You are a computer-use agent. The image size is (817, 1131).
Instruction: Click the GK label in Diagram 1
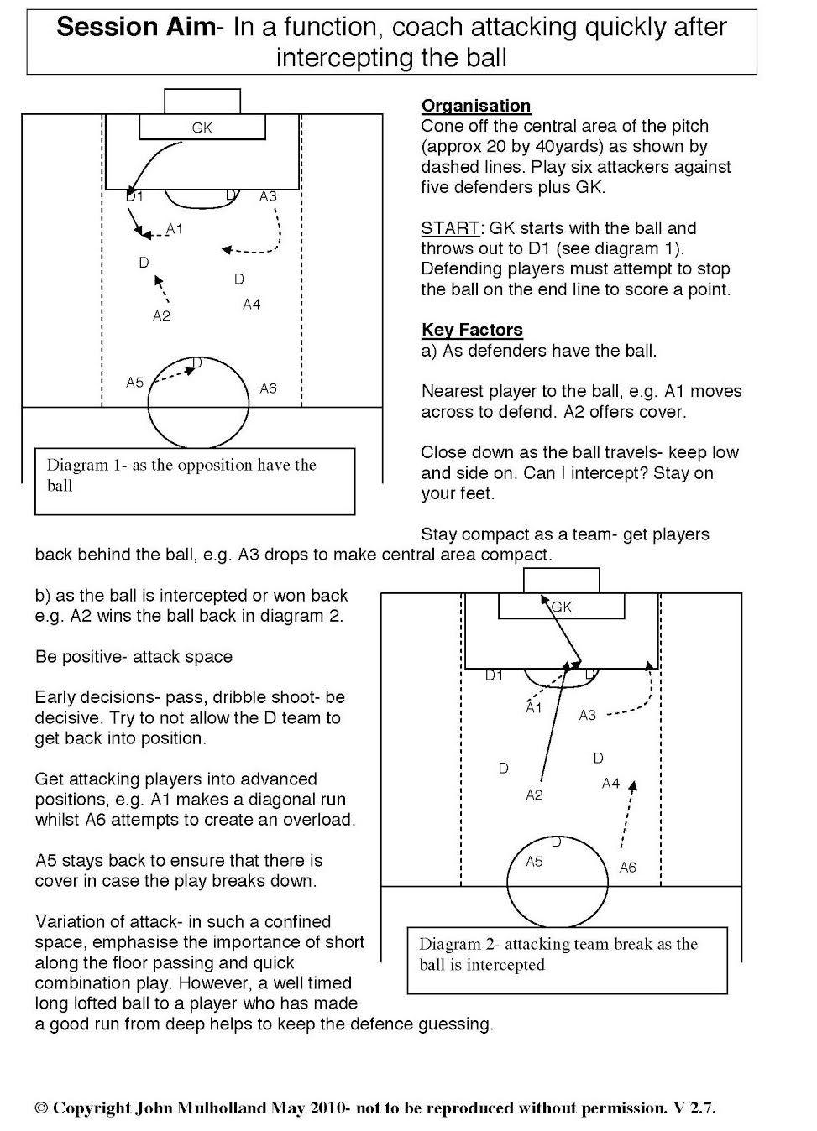pyautogui.click(x=202, y=128)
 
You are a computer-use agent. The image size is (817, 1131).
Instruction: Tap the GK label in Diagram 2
pyautogui.click(x=562, y=607)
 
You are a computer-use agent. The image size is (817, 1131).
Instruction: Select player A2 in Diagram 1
pyautogui.click(x=161, y=315)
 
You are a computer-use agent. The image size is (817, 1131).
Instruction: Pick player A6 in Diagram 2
pyautogui.click(x=628, y=868)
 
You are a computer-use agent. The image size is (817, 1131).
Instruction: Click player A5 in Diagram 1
pyautogui.click(x=135, y=383)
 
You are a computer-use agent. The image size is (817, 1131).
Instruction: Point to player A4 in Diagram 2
pyautogui.click(x=610, y=783)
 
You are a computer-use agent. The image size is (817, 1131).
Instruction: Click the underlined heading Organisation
pyautogui.click(x=476, y=106)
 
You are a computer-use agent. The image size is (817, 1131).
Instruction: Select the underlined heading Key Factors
pyautogui.click(x=472, y=330)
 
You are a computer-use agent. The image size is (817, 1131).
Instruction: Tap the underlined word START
pyautogui.click(x=450, y=228)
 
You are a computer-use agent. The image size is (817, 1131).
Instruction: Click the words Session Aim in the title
pyautogui.click(x=136, y=28)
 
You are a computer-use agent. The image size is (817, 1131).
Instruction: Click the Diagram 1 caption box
pyautogui.click(x=195, y=481)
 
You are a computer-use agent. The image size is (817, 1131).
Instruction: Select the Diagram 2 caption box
pyautogui.click(x=567, y=960)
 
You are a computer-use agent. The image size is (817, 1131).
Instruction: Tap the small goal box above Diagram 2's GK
pyautogui.click(x=562, y=580)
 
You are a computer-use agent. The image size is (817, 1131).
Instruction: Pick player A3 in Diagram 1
pyautogui.click(x=268, y=196)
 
